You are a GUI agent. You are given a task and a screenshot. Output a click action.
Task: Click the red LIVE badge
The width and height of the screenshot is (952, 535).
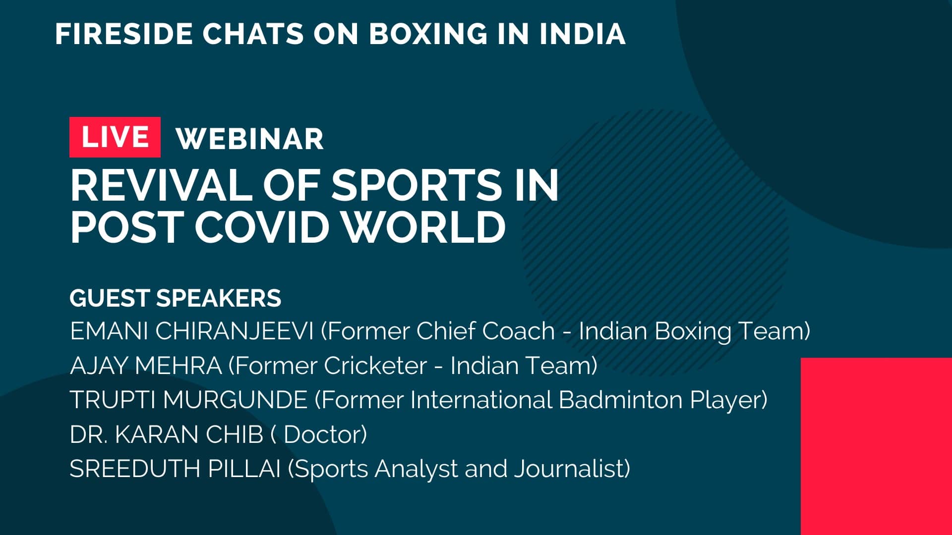[x=115, y=137]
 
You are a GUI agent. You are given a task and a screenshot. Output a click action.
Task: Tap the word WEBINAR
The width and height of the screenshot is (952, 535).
[x=250, y=139]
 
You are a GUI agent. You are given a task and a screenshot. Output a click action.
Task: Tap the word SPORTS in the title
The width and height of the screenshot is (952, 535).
[x=417, y=185]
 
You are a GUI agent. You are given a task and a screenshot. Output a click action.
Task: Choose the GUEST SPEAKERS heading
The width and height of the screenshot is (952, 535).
[x=176, y=298]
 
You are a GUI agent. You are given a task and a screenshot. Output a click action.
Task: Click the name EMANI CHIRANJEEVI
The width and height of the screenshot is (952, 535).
[x=192, y=331]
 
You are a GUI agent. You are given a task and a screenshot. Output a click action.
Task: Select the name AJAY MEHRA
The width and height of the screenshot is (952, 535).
[x=146, y=366]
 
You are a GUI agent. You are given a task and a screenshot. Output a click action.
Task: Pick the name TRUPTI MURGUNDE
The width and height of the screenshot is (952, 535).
[x=188, y=400]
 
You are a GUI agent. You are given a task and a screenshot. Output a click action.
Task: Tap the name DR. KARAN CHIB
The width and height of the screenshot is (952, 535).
[x=166, y=434]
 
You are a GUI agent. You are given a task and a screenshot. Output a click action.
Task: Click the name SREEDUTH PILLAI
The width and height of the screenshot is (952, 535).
[x=175, y=469]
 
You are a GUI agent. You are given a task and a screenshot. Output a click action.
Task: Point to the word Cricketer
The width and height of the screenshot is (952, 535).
[x=375, y=366]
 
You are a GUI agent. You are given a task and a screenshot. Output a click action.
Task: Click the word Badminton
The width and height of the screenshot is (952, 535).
[x=620, y=400]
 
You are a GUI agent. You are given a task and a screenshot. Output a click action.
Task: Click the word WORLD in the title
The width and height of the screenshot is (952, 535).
[x=425, y=227]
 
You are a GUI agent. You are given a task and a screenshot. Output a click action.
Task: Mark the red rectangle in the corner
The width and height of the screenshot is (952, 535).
[x=876, y=446]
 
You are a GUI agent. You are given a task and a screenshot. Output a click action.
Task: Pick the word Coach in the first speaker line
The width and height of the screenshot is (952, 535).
[x=518, y=331]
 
